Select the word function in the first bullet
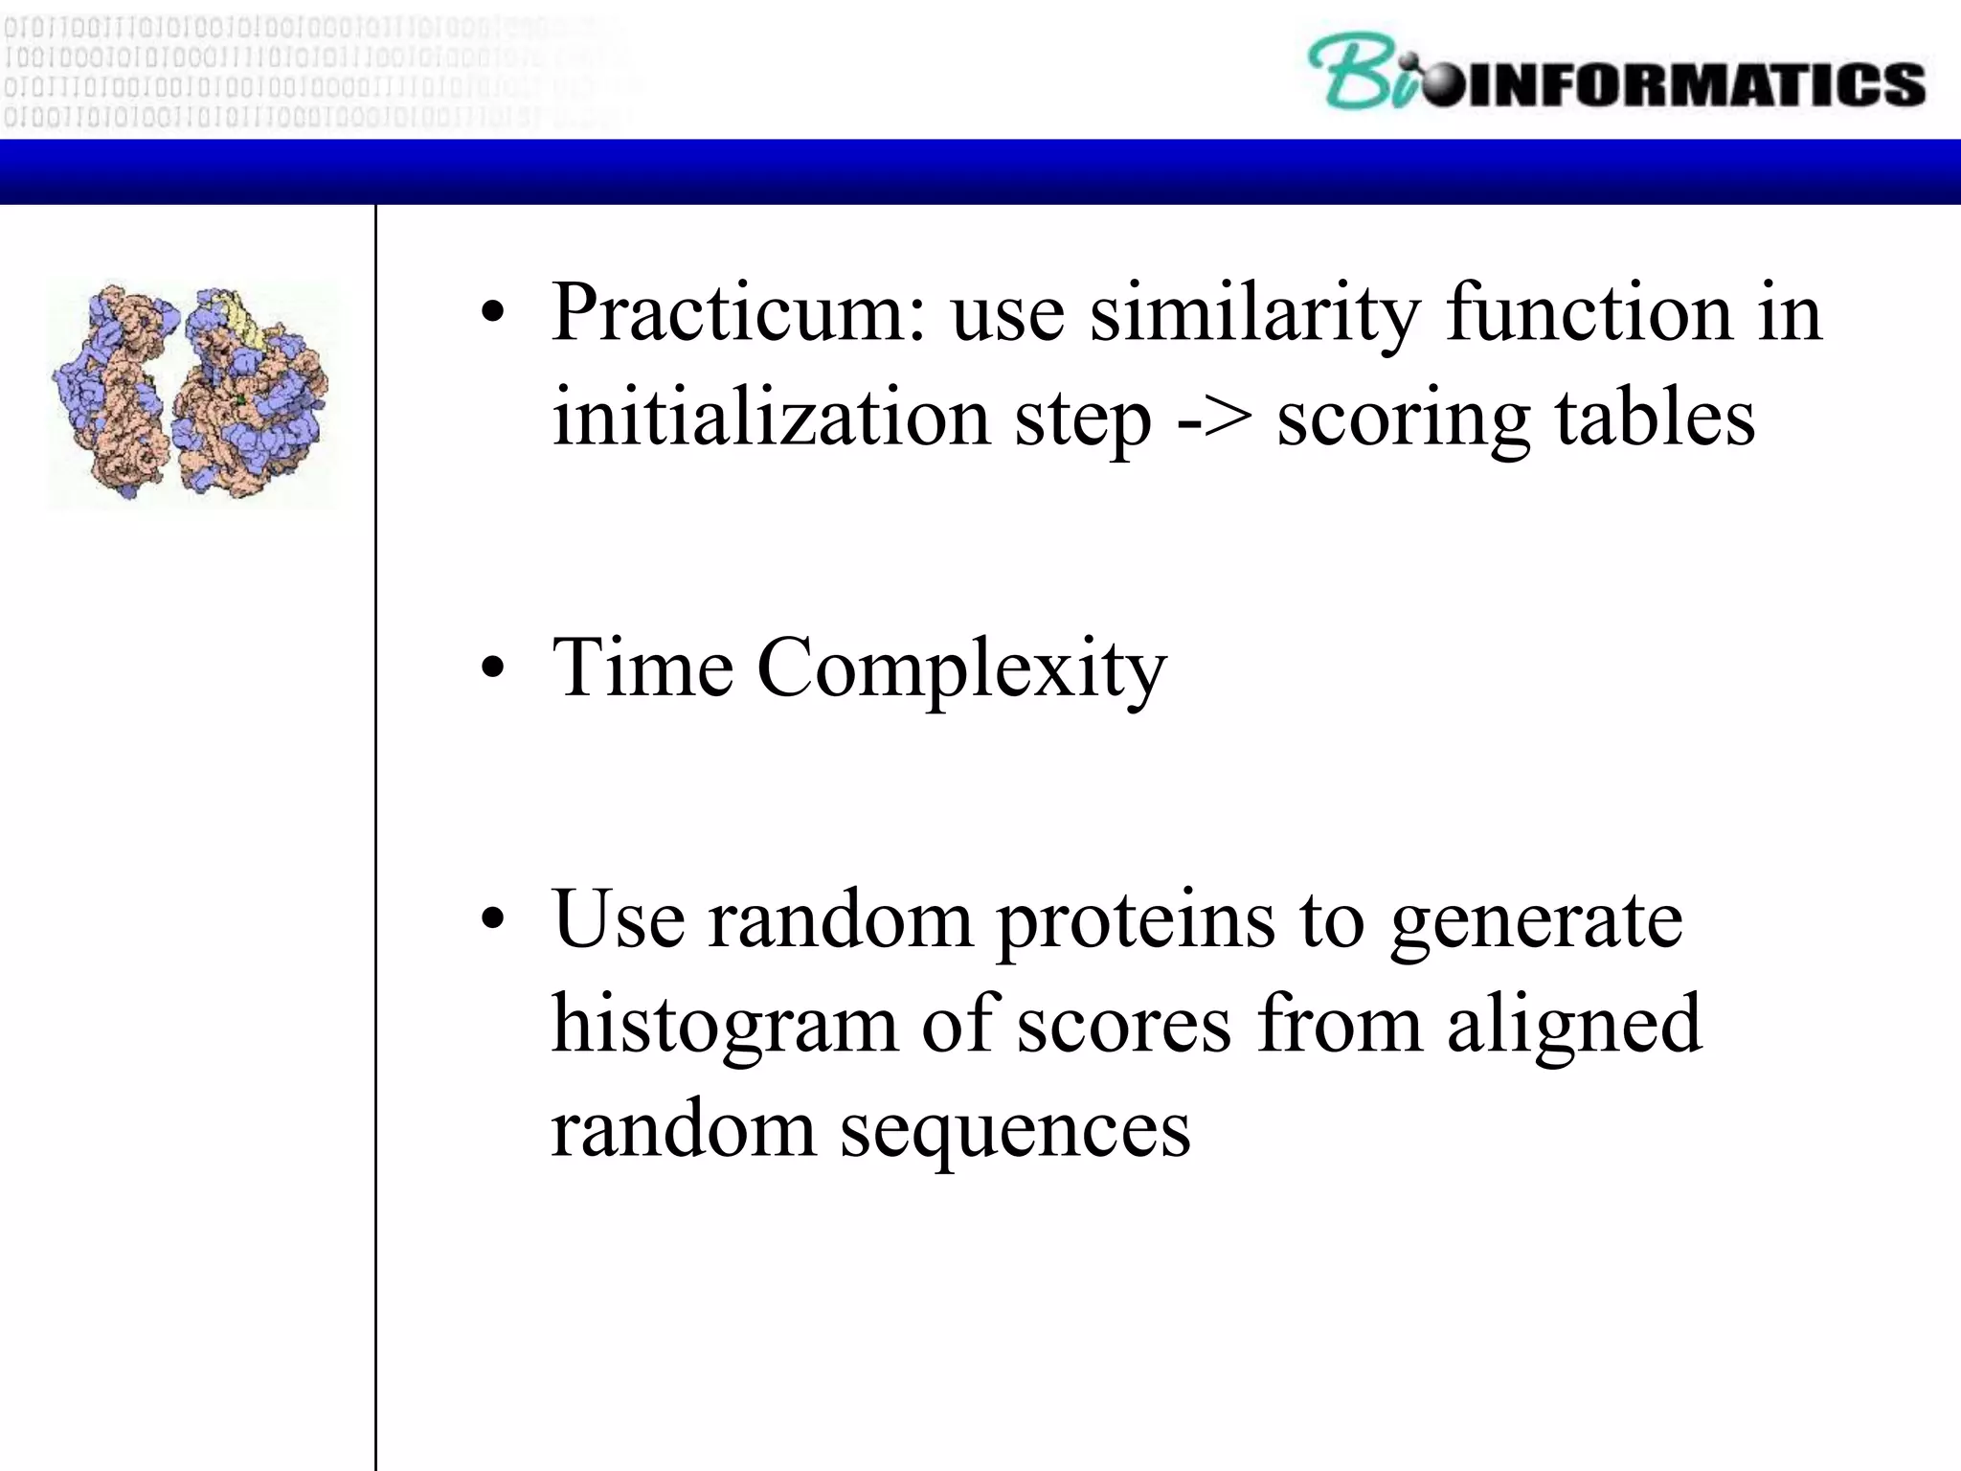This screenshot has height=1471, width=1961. point(1589,314)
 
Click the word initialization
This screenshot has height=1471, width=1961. point(771,419)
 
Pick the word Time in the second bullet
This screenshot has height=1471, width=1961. point(642,668)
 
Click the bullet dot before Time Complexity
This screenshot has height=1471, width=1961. point(492,669)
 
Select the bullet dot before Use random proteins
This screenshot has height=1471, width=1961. point(492,920)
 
